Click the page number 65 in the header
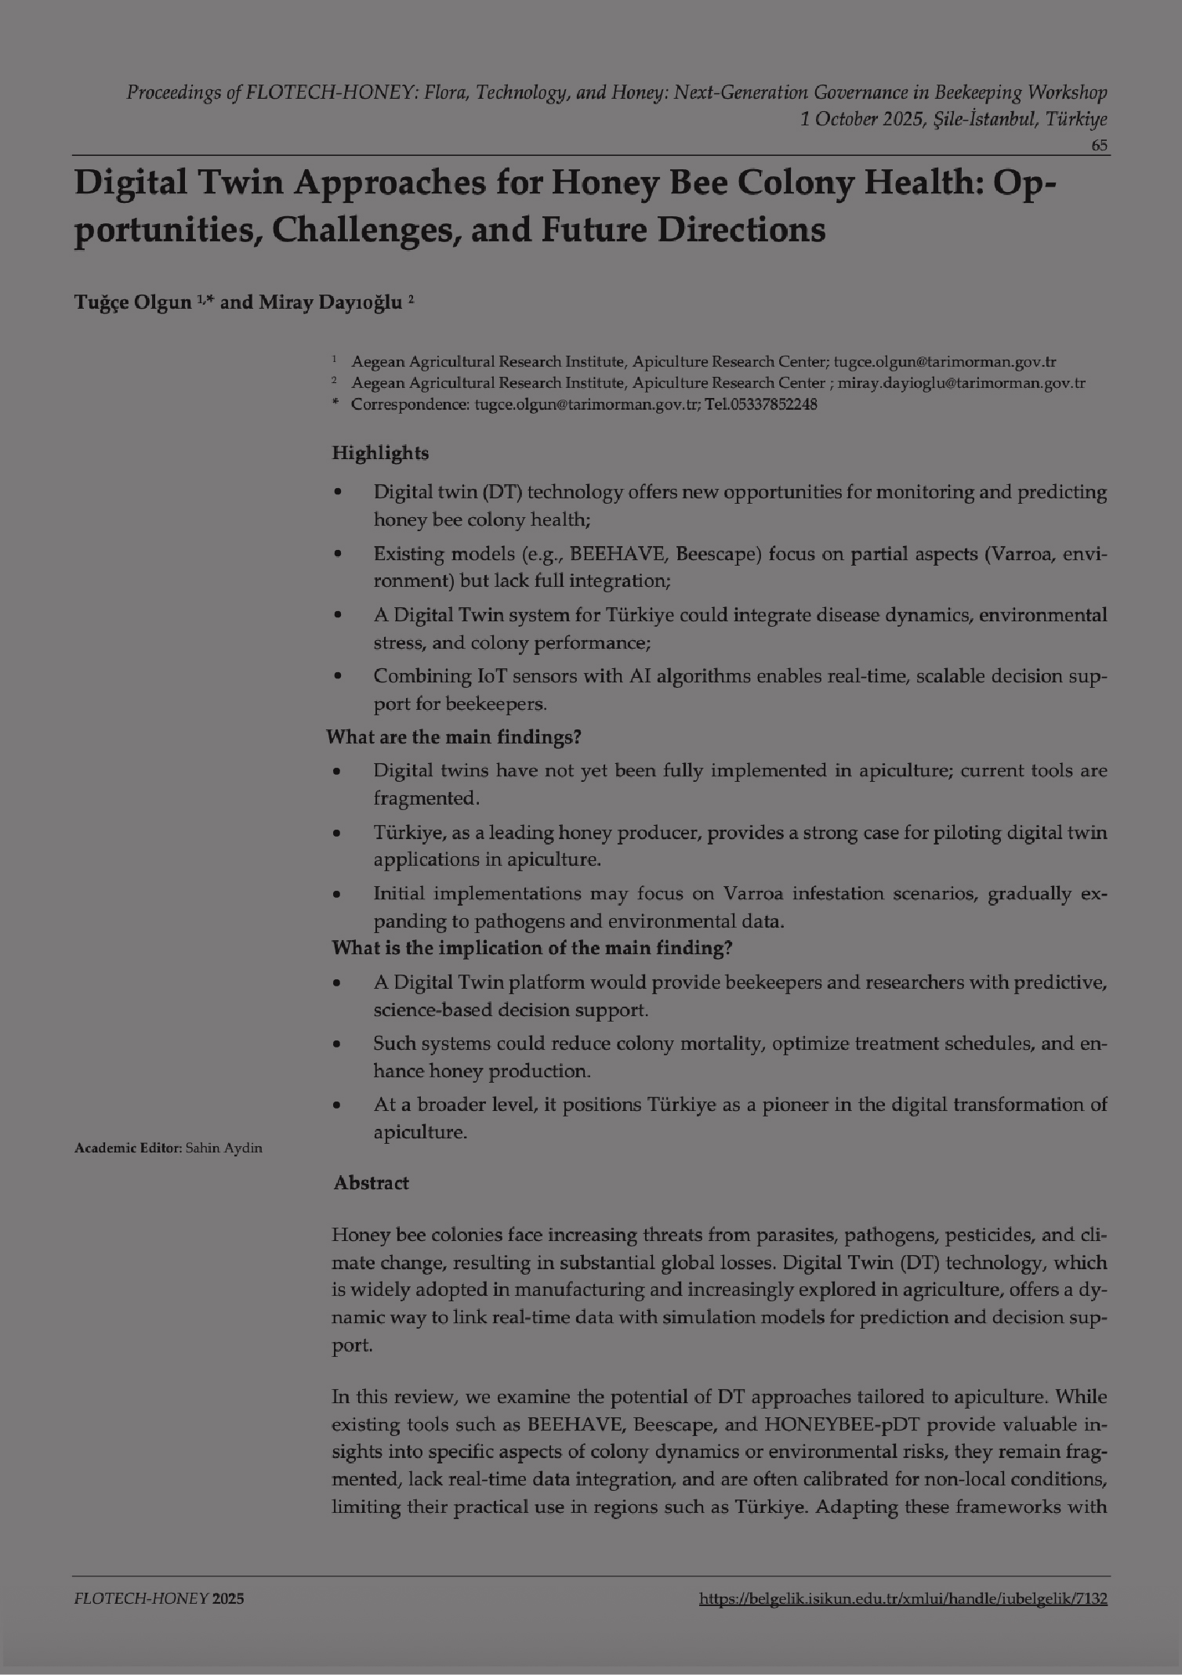(x=1099, y=146)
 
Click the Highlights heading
(x=380, y=453)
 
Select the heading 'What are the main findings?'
(x=454, y=737)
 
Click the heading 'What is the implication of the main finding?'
(x=532, y=948)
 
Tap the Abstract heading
(x=372, y=1183)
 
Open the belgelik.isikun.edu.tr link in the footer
(x=903, y=1599)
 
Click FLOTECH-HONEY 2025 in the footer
(x=159, y=1599)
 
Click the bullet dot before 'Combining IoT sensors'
(x=338, y=676)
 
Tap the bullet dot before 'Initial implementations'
(x=338, y=894)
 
